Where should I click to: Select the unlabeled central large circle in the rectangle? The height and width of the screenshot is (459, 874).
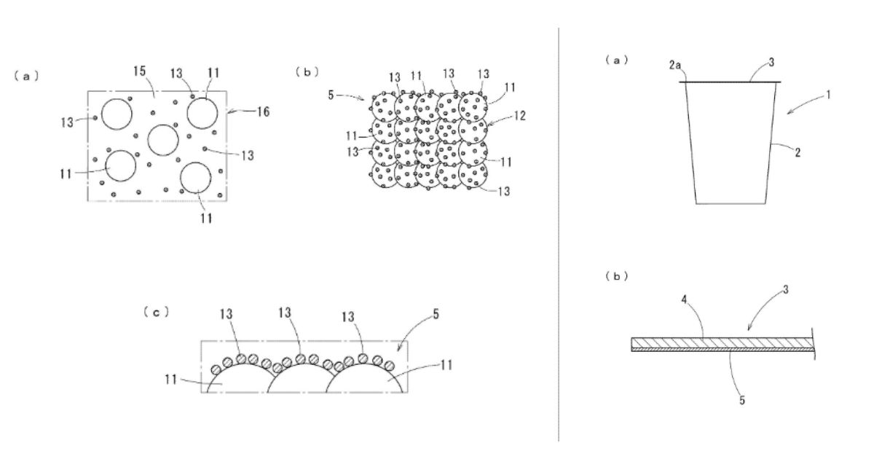(x=162, y=139)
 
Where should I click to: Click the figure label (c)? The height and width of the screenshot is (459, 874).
(x=157, y=311)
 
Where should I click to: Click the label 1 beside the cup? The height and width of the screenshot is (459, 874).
(x=828, y=94)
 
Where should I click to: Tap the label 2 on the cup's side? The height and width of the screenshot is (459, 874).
(x=798, y=154)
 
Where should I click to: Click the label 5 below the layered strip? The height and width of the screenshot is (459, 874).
(x=742, y=399)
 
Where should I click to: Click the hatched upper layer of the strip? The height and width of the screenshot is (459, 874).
(x=721, y=342)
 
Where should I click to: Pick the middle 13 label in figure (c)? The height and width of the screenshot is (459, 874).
(x=285, y=313)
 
